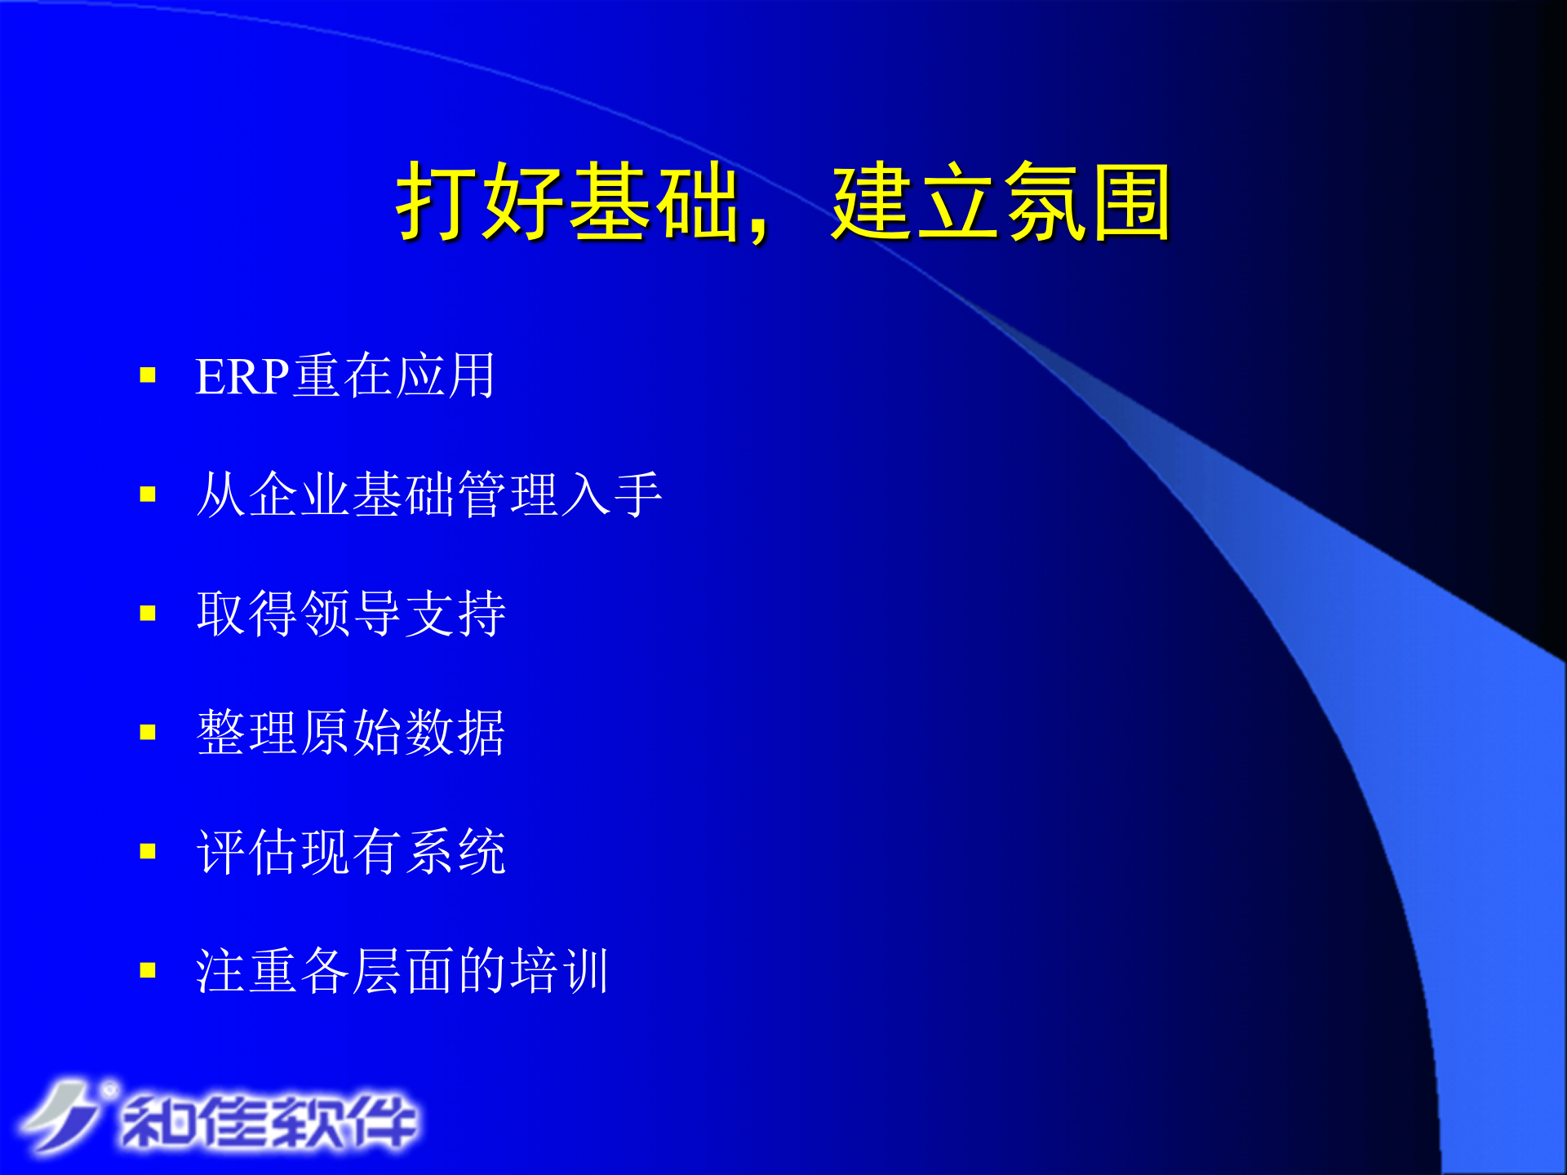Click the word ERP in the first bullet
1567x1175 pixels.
coord(242,377)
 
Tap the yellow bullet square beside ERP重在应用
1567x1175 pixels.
coord(148,375)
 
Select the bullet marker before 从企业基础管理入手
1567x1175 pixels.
coord(148,494)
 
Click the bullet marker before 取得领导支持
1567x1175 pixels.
coord(148,614)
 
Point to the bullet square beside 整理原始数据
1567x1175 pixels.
coord(148,732)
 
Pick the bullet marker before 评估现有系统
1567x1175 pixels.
coord(148,852)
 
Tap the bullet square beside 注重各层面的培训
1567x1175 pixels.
coord(148,970)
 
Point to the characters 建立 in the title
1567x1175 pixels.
coord(914,202)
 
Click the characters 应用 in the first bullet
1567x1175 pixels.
coord(446,377)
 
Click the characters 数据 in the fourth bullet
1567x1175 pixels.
coord(455,733)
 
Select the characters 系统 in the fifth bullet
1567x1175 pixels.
coord(455,852)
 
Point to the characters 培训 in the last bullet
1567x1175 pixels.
coord(560,971)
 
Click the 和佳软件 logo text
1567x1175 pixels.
coord(269,1121)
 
